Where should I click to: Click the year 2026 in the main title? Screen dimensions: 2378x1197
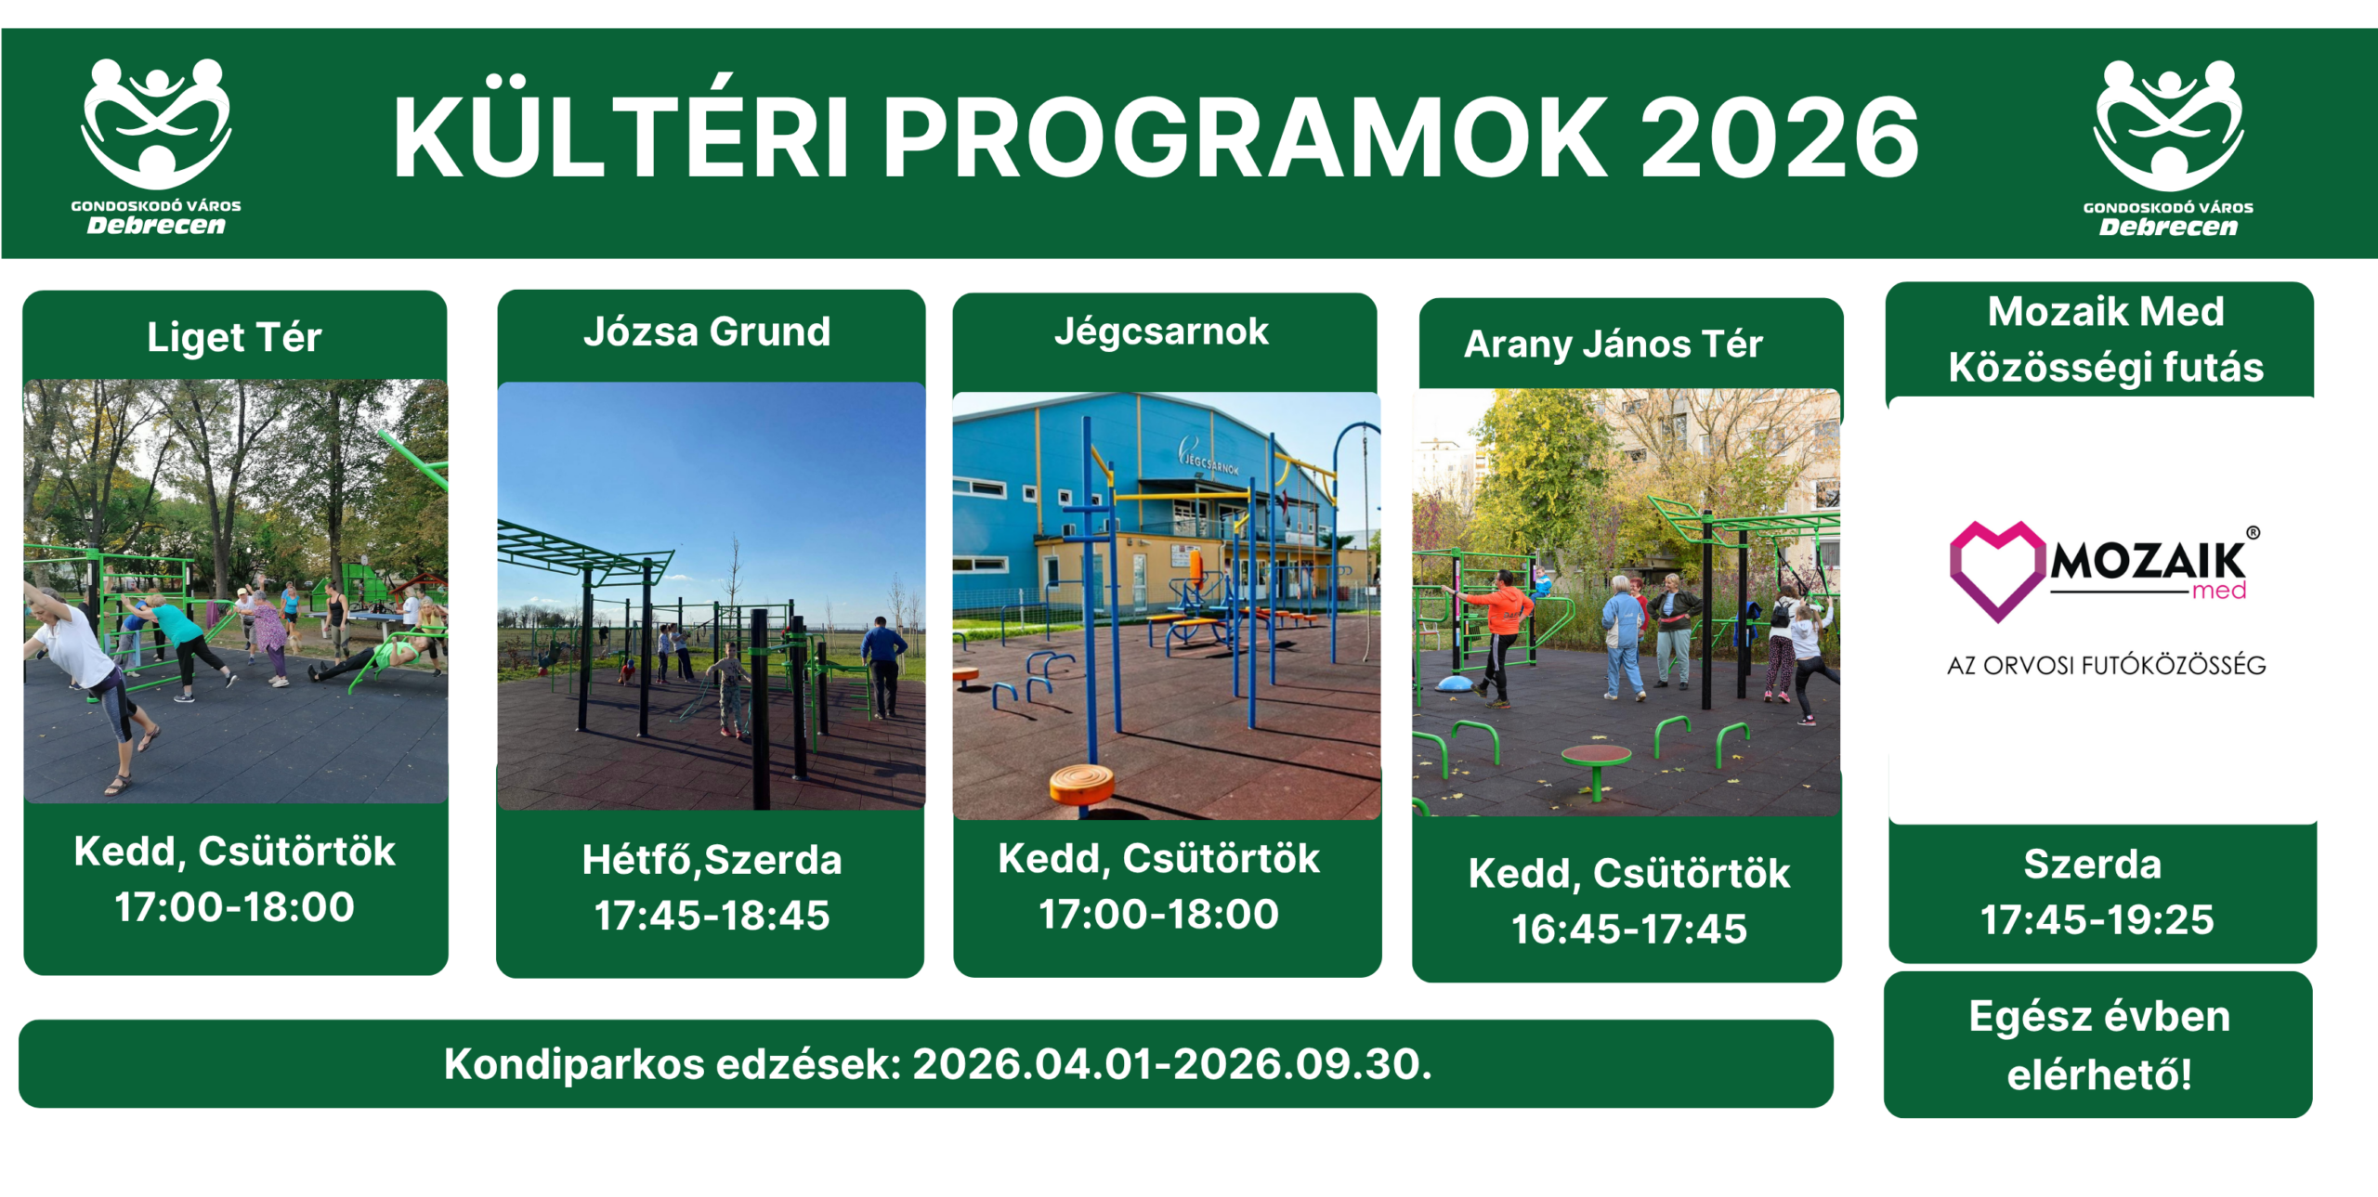1779,137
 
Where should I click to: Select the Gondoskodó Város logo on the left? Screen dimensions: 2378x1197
156,146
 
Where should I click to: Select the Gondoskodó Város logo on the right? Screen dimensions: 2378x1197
2168,148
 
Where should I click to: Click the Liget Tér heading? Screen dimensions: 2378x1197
234,337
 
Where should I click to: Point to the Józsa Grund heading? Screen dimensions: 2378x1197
707,332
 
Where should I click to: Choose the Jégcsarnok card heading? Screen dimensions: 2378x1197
1161,332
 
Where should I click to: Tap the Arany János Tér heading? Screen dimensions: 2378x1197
1614,344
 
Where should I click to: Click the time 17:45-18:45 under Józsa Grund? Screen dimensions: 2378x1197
712,916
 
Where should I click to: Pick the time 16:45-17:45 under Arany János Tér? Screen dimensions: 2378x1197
1629,929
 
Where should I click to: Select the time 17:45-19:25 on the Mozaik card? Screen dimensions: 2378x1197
2097,919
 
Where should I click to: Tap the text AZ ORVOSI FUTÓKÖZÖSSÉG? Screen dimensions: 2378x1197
2107,665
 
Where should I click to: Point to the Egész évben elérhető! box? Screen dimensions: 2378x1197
2098,1045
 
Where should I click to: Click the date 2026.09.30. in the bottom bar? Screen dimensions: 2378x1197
1303,1064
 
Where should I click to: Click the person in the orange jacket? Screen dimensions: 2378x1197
1501,641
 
